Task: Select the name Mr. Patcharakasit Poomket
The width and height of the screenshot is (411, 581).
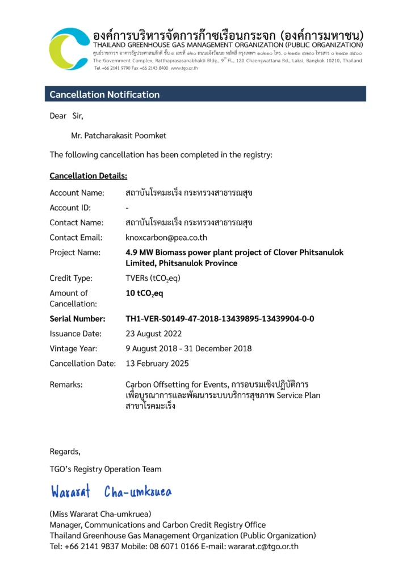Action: [x=119, y=136]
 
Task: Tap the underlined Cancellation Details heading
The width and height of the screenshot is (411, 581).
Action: [x=88, y=176]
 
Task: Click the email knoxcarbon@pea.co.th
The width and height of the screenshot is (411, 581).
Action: [x=166, y=238]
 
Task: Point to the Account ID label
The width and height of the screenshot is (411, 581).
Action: [x=70, y=208]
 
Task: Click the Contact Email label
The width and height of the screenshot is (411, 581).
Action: [x=76, y=238]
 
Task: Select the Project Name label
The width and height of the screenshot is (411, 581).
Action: [x=75, y=252]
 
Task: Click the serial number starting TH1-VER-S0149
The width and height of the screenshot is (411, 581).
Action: [x=220, y=319]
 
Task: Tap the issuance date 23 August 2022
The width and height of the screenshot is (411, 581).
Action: [x=153, y=334]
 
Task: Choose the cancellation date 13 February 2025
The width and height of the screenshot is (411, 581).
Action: [x=157, y=363]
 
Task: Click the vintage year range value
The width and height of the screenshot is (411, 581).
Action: [x=188, y=348]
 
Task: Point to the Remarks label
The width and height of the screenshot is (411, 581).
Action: [x=66, y=385]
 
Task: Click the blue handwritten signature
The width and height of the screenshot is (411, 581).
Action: [x=111, y=491]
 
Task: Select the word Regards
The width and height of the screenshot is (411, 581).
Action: [x=65, y=452]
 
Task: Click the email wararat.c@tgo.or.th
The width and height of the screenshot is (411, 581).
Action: [x=263, y=546]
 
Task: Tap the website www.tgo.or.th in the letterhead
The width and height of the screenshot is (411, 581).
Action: [x=184, y=68]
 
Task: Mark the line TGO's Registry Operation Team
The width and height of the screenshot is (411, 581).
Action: [x=105, y=469]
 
